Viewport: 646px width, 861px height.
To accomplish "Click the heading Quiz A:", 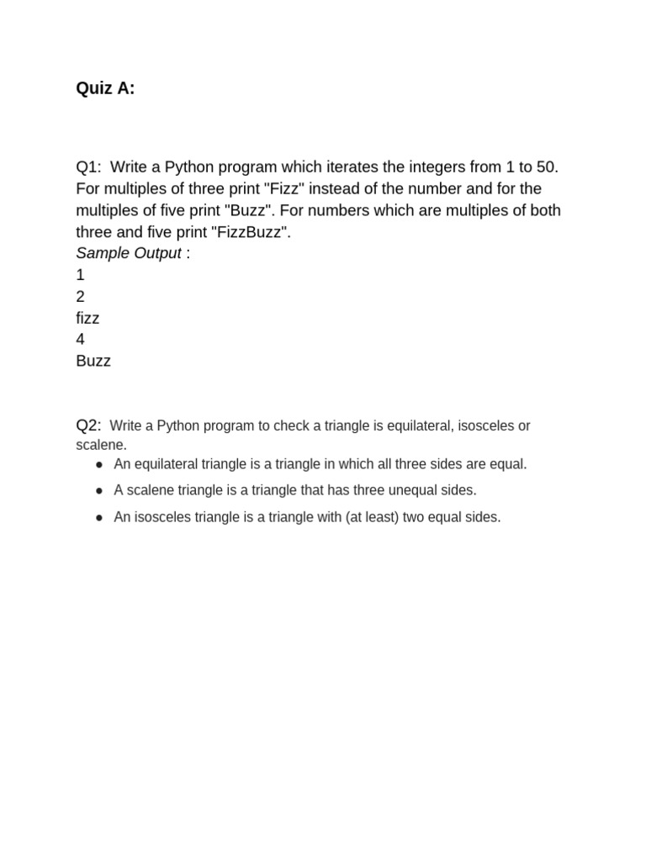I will tap(105, 88).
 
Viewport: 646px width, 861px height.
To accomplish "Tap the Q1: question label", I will tap(88, 166).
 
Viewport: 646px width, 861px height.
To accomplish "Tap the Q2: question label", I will tap(88, 425).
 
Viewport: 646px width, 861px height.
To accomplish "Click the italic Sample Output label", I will tap(129, 253).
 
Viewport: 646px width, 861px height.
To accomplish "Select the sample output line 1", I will tap(80, 275).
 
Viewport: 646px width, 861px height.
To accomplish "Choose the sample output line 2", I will tap(80, 297).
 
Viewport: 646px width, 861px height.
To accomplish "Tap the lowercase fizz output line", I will tap(87, 318).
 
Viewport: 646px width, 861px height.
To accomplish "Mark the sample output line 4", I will tap(80, 340).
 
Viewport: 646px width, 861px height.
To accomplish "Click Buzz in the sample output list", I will tap(93, 362).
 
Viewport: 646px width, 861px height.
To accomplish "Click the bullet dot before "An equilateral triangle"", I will tap(99, 464).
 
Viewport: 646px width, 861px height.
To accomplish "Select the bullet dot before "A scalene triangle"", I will tap(99, 490).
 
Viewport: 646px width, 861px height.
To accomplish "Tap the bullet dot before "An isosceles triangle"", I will tap(99, 518).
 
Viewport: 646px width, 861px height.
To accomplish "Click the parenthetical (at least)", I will tap(371, 518).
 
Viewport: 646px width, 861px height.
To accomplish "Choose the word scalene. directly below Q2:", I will tap(101, 445).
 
